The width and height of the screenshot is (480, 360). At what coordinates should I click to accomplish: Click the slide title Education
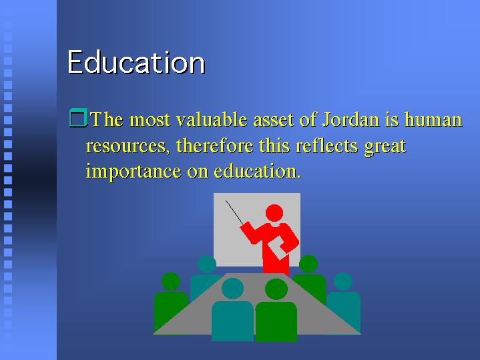(136, 62)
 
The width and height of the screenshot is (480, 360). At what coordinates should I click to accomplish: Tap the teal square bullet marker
(78, 118)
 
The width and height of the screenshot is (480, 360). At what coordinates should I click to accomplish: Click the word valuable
(212, 119)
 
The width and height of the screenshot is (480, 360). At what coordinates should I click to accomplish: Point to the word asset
(273, 120)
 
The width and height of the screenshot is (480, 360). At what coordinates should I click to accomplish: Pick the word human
(433, 119)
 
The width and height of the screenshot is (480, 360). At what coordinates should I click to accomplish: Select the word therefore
(214, 145)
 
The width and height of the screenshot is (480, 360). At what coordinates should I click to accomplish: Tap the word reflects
(326, 145)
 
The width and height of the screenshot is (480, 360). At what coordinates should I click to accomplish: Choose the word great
(385, 147)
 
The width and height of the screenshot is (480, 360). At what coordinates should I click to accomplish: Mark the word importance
(134, 172)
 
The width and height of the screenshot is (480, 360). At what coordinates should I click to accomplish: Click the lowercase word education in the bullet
(257, 171)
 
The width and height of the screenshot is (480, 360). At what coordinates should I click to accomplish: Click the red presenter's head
(274, 212)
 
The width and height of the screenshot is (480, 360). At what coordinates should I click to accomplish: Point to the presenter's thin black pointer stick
(234, 212)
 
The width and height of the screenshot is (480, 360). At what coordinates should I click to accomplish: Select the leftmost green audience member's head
(170, 281)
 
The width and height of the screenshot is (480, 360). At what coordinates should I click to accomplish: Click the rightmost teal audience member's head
(343, 281)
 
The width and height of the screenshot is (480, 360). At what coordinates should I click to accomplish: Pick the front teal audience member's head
(232, 289)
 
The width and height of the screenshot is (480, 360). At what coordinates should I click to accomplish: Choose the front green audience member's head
(276, 289)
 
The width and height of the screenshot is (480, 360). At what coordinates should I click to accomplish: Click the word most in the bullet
(150, 120)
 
